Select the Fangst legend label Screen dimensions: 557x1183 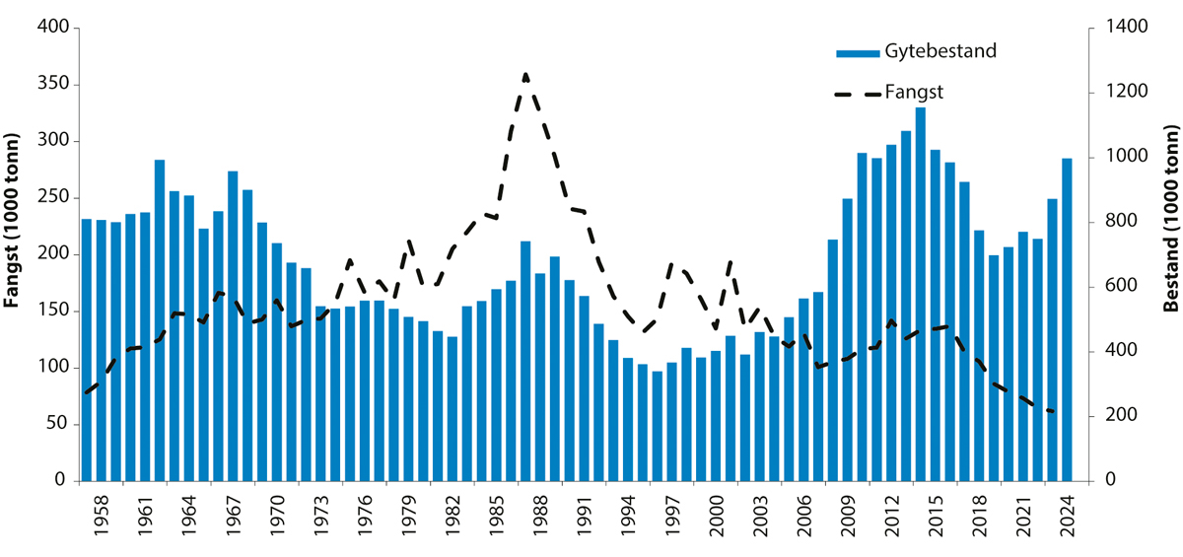click(915, 92)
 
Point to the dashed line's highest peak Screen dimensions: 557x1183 click(525, 74)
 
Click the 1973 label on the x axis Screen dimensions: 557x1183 click(320, 513)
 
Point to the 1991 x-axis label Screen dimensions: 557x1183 click(584, 513)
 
